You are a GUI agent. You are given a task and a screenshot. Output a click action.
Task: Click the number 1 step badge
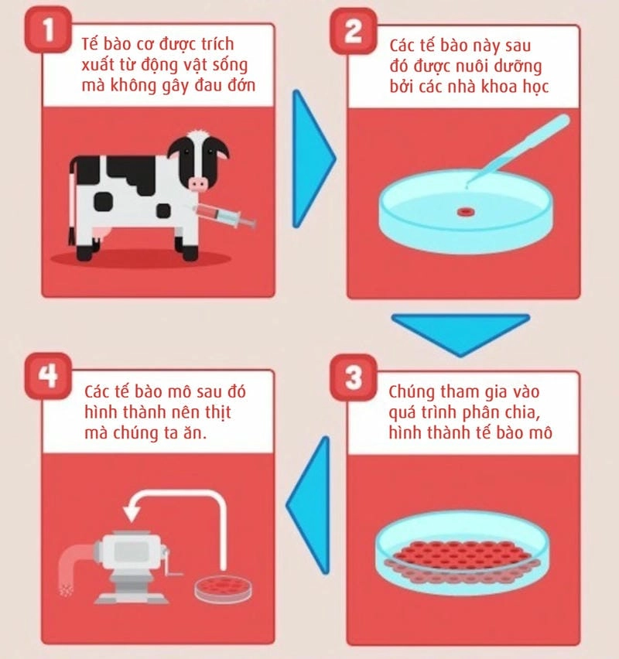pos(48,29)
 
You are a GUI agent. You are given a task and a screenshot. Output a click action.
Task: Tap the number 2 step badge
pos(354,31)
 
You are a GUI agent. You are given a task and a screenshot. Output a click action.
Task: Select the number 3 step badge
pos(354,377)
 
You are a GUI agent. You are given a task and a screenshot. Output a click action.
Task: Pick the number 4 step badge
pos(48,376)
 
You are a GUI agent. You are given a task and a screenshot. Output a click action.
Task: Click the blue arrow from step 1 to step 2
pos(313,159)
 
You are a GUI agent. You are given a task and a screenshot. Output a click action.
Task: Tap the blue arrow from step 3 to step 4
pos(309,505)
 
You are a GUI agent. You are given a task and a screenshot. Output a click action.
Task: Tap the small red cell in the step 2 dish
pos(465,211)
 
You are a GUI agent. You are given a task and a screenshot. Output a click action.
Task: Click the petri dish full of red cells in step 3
pos(462,551)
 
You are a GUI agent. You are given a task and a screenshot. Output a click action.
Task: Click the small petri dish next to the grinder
pos(224,589)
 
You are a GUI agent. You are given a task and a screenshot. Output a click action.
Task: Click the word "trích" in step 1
pos(217,44)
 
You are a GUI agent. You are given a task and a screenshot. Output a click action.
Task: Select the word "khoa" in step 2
pos(500,86)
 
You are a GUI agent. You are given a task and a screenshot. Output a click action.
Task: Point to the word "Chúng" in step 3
pos(405,392)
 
